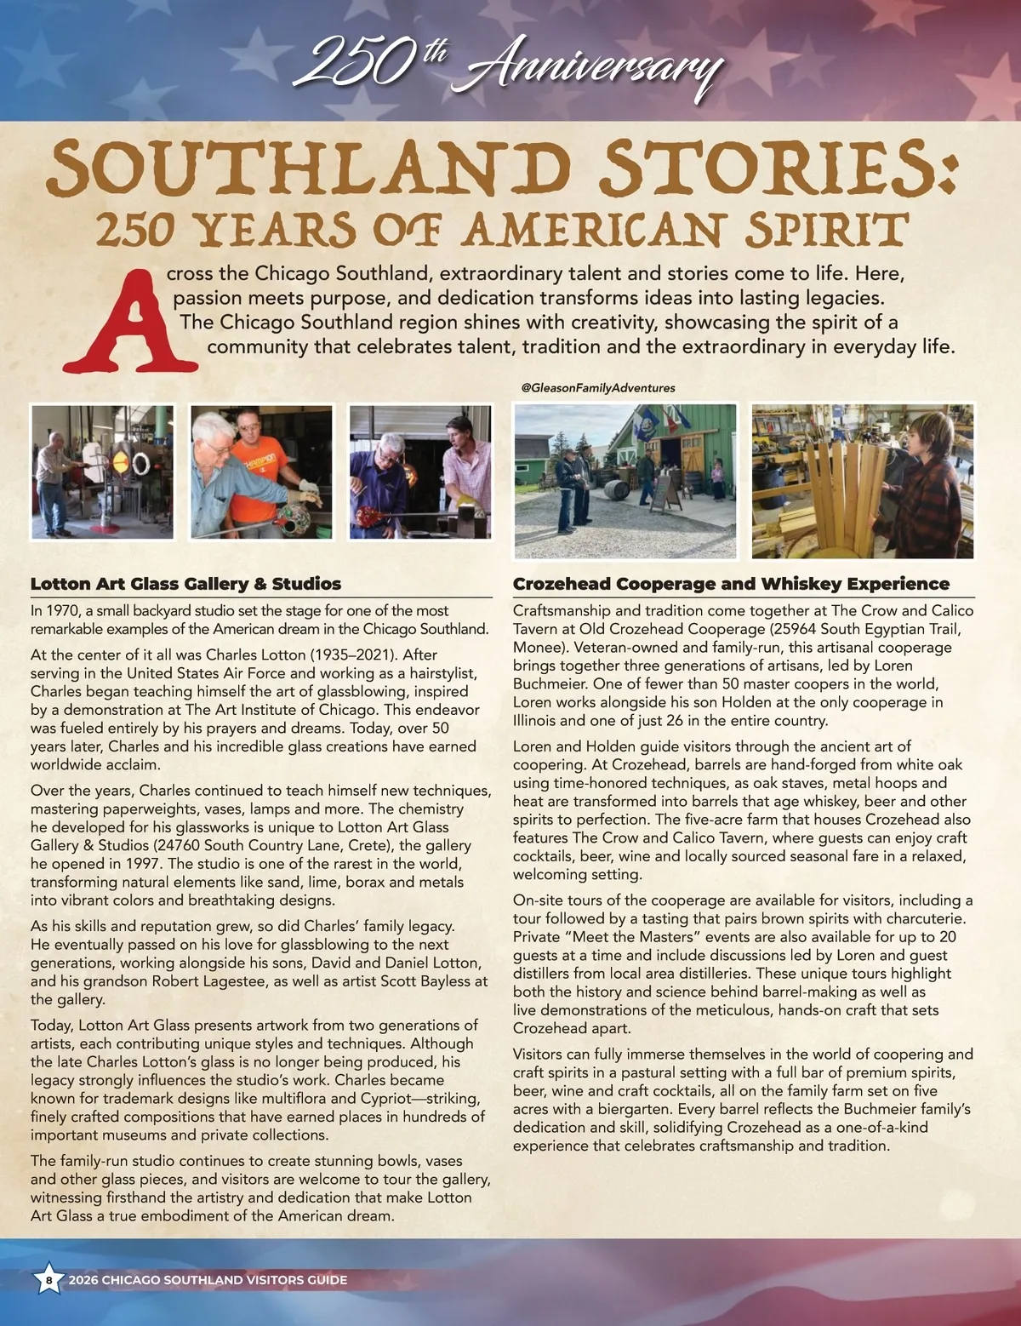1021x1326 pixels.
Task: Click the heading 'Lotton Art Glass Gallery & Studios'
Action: [x=185, y=584]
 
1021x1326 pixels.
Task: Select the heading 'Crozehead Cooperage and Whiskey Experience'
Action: [x=731, y=584]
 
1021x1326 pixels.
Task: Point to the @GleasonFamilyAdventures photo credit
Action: [x=598, y=387]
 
